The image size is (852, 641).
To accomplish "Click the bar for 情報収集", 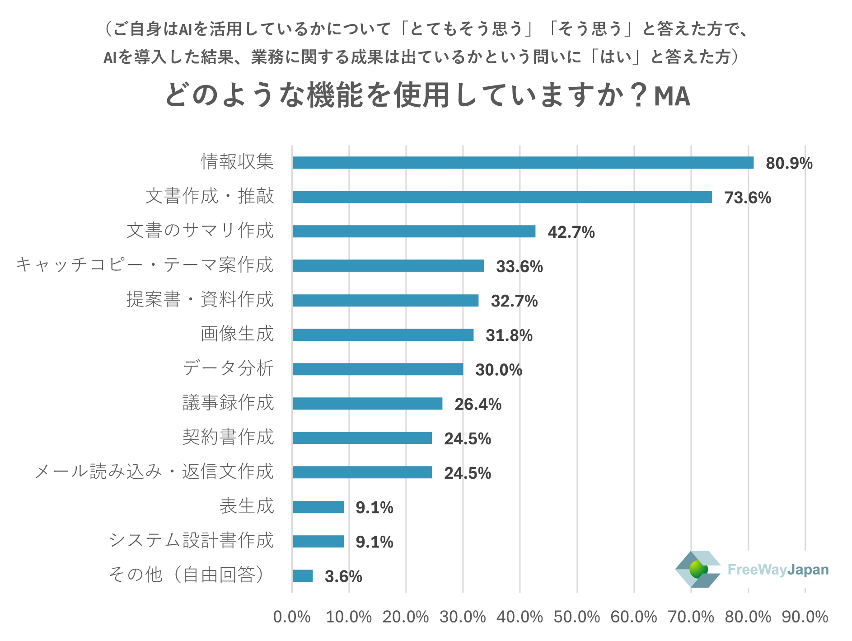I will pos(523,163).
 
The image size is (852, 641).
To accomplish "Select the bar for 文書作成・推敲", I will pos(502,197).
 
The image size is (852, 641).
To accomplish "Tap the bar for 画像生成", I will pos(383,335).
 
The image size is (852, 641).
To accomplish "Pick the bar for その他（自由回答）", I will pos(302,576).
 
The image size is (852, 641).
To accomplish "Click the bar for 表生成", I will pos(318,507).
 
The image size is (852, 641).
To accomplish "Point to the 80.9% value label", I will pos(789,163).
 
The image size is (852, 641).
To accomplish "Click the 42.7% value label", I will pos(571,232).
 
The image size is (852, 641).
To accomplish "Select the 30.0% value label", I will pos(499,370).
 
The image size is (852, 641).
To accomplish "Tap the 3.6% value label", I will pos(343,576).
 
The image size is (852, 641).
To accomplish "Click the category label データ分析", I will pos(228,368).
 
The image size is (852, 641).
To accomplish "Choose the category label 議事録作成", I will pos(228,403).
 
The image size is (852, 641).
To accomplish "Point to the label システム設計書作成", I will pos(191,540).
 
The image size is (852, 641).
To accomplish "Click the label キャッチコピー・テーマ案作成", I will pos(145,265).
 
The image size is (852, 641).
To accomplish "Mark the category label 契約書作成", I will pos(228,437).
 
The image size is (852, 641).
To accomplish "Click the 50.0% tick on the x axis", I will pos(577,617).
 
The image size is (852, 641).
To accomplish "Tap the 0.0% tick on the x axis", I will pos(292,617).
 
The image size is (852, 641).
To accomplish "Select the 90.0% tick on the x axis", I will pos(805,617).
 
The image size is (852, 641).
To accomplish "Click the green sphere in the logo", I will pos(698,569).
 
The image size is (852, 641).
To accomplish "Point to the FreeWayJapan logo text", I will pos(778,570).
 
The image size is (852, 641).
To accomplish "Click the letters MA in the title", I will pos(672,96).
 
